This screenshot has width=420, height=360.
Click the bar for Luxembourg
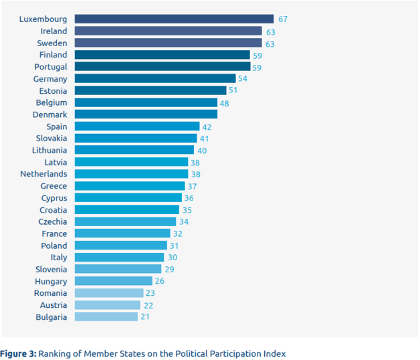174,19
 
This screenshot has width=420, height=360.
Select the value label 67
283,19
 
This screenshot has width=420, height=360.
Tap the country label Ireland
54,31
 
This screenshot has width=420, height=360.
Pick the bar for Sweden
168,43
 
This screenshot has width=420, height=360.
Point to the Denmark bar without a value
146,114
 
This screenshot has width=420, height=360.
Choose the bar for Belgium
146,102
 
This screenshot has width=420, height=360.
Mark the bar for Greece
130,186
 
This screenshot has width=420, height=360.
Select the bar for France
122,234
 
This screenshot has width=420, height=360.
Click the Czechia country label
53,221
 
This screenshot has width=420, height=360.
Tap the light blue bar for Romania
109,293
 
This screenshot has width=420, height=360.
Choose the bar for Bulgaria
106,317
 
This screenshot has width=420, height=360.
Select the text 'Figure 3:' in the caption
18,353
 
